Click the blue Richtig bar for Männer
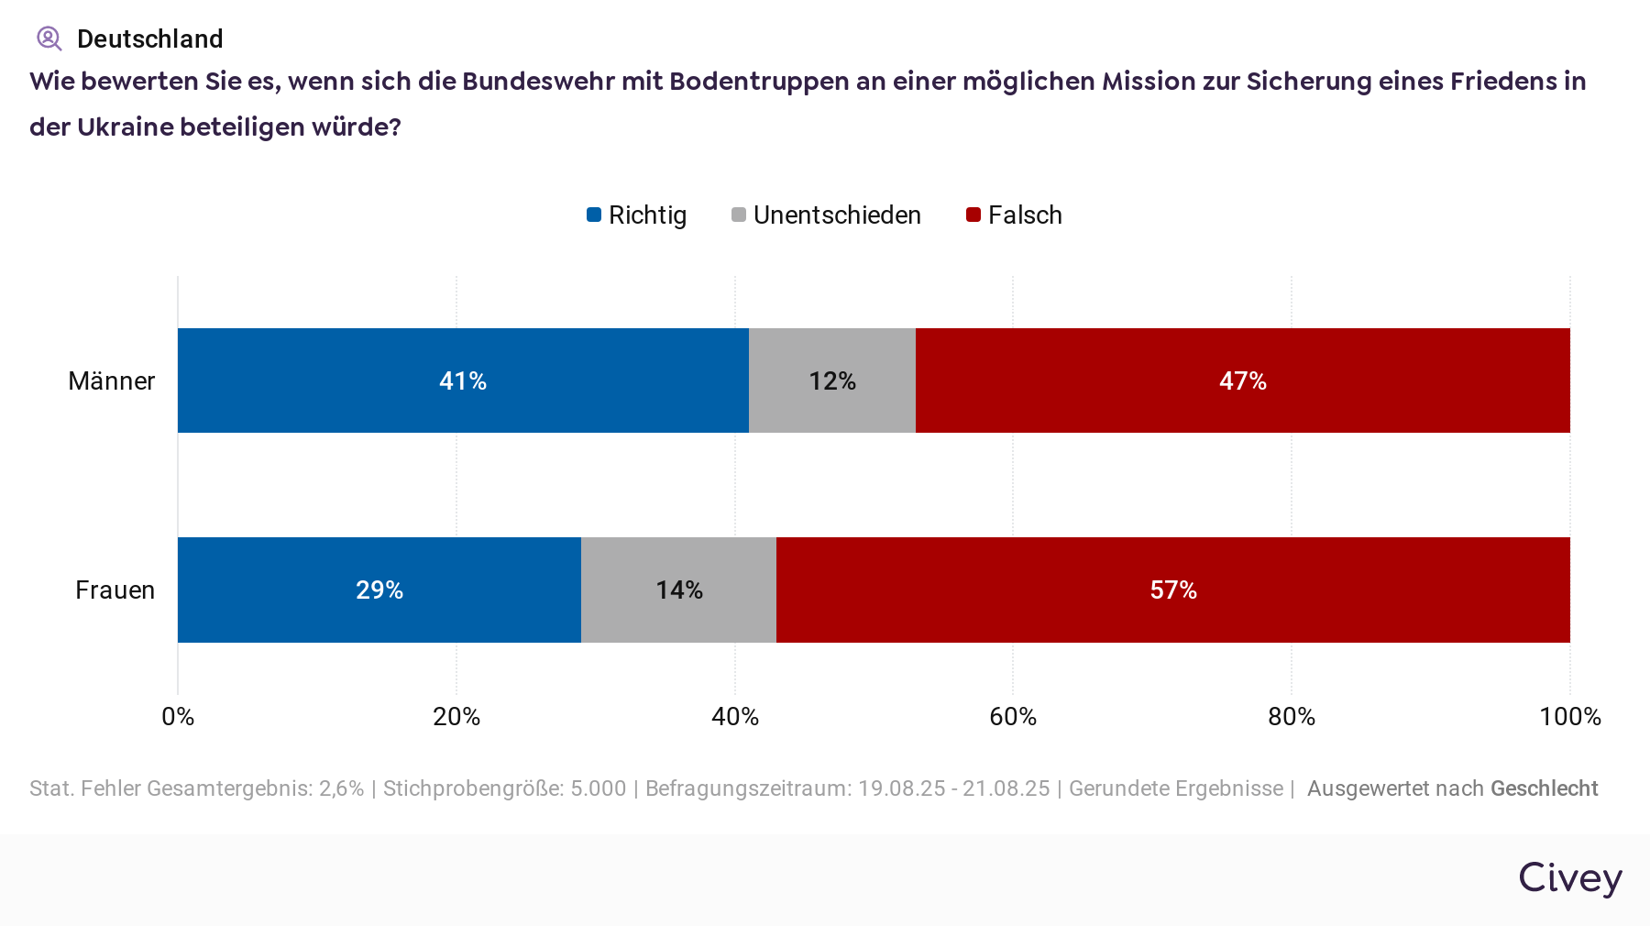[463, 380]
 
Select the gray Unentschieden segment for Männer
[832, 380]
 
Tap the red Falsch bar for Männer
[1242, 380]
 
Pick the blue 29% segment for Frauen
[379, 590]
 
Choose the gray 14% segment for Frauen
[678, 590]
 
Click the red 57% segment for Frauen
[1173, 590]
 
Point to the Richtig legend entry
[637, 215]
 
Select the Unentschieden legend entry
[827, 215]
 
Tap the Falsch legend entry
[1015, 215]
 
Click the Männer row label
[112, 381]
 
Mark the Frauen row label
[115, 590]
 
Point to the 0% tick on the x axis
[178, 717]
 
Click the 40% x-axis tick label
[735, 717]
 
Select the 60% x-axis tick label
[1013, 717]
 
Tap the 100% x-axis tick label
[1569, 717]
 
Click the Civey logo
[1570, 878]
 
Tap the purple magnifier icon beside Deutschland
[49, 39]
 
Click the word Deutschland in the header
[150, 39]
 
